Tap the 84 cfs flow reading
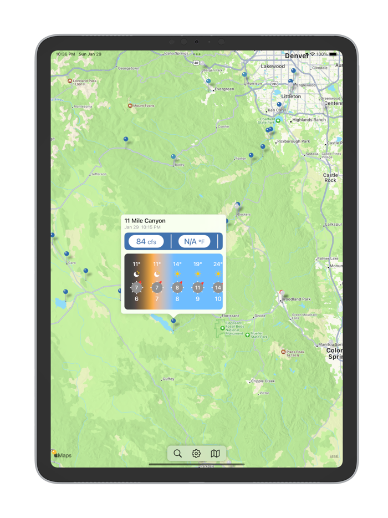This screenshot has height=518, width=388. pos(146,241)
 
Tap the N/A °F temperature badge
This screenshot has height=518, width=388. pos(194,241)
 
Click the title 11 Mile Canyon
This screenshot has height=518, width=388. pos(145,221)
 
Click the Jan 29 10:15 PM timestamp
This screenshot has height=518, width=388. pos(142,227)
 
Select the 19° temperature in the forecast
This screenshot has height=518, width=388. pos(197,265)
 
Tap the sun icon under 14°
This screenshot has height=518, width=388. pos(177,274)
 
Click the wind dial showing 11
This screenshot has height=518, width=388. pos(197,287)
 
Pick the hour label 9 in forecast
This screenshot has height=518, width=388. pos(197,299)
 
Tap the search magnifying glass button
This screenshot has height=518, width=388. pos(177,453)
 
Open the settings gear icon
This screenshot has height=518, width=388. pos(196,453)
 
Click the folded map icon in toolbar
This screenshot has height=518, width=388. pos(216,453)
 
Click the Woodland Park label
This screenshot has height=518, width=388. pos(297,299)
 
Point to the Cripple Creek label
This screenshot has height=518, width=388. pos(263,381)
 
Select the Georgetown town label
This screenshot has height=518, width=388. pos(129,68)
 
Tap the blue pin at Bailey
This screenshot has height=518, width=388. pos(173,158)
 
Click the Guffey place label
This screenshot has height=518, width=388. pos(168,379)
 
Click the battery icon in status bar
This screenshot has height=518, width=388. pos(333,54)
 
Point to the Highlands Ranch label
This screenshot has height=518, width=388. pos(309,120)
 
